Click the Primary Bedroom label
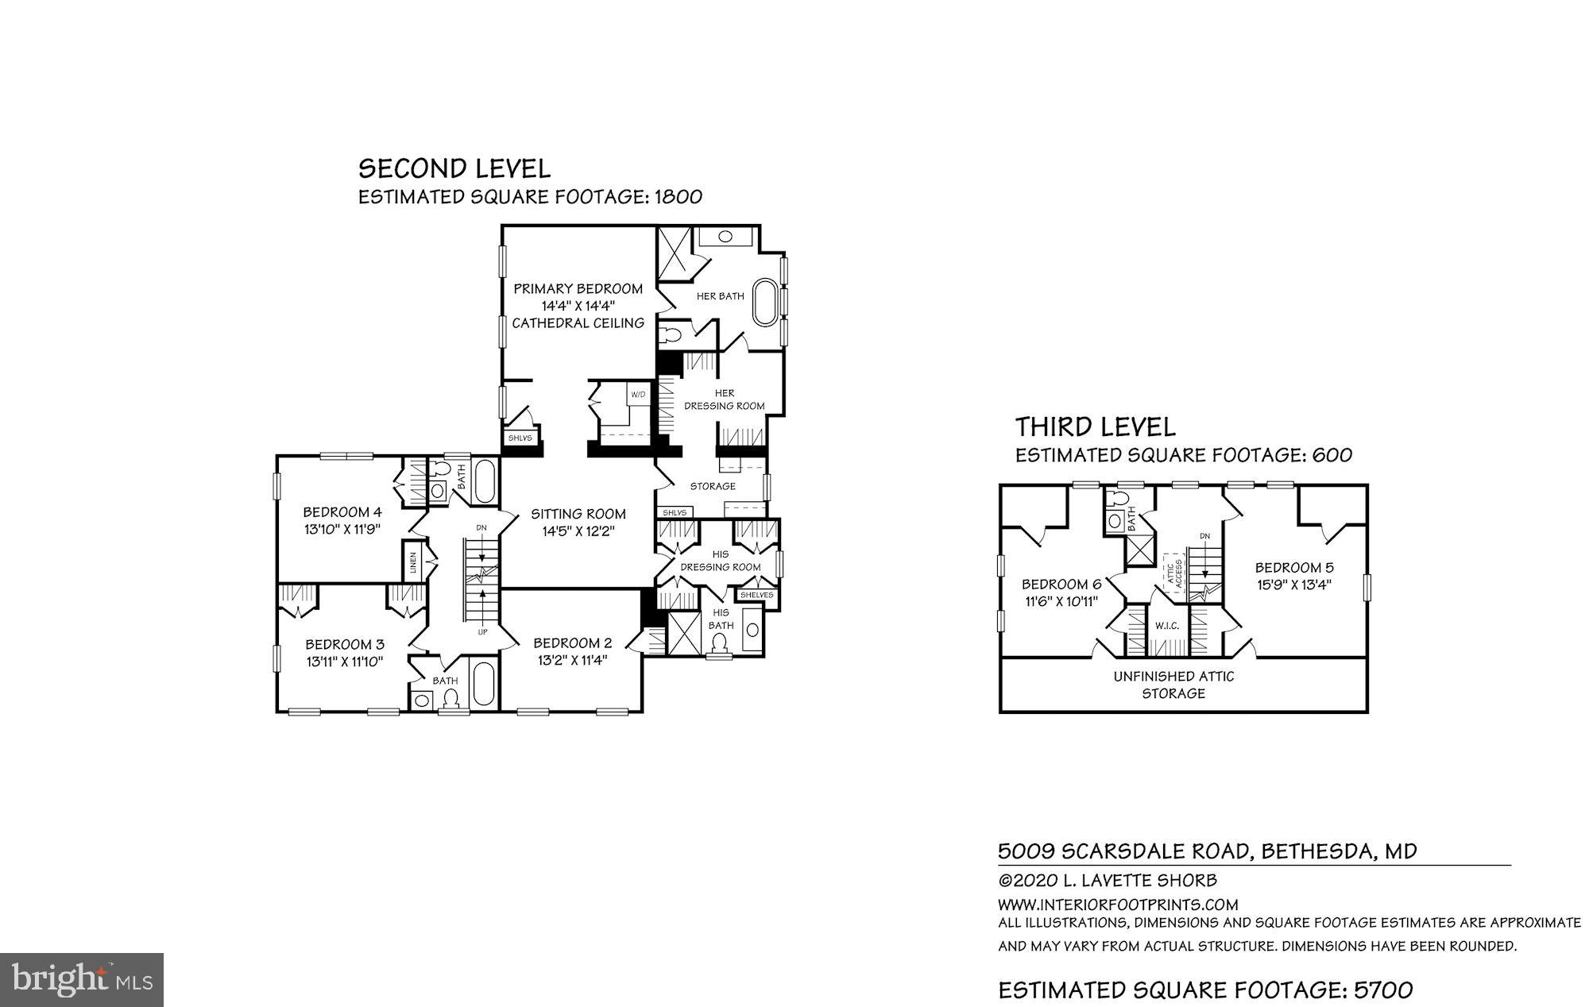point(578,288)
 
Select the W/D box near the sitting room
point(638,395)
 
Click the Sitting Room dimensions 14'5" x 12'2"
point(578,532)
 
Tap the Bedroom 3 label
point(345,644)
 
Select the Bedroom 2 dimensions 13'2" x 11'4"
point(571,660)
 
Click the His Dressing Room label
point(721,561)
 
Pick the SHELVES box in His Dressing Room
point(756,595)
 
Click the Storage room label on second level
point(713,486)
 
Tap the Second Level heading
point(454,168)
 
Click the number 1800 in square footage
point(678,197)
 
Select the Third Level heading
point(1095,427)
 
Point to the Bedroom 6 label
point(1060,585)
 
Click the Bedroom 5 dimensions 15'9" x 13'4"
point(1294,585)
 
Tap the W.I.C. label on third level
point(1167,626)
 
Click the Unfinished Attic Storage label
point(1173,685)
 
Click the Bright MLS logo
point(82,979)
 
